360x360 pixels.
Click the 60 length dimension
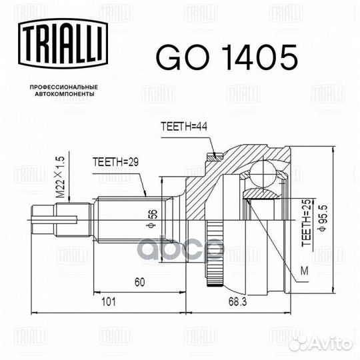click(x=139, y=283)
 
